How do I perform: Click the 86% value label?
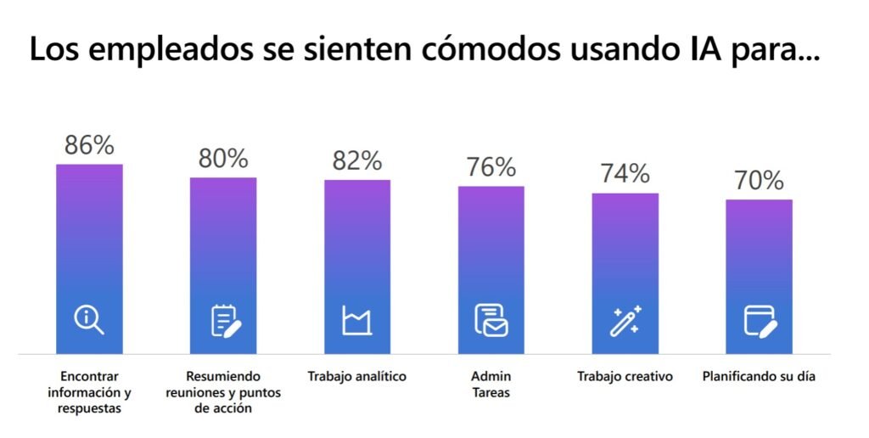point(89,145)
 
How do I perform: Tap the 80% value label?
point(223,159)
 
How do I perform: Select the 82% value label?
point(357,160)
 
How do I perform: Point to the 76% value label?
point(491,167)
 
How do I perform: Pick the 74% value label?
point(625,174)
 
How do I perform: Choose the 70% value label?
point(759,180)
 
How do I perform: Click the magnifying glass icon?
point(89,320)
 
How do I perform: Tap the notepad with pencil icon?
point(224,320)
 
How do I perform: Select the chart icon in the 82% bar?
point(357,320)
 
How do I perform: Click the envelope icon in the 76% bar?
point(491,320)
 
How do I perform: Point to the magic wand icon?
point(626,320)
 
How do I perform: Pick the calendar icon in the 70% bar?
point(760,320)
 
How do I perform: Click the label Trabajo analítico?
point(357,376)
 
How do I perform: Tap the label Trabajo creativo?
point(625,376)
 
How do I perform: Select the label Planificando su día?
point(759,376)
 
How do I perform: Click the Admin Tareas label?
point(491,385)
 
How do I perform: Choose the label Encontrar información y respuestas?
point(89,392)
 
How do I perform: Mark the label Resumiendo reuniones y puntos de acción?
point(223,392)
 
